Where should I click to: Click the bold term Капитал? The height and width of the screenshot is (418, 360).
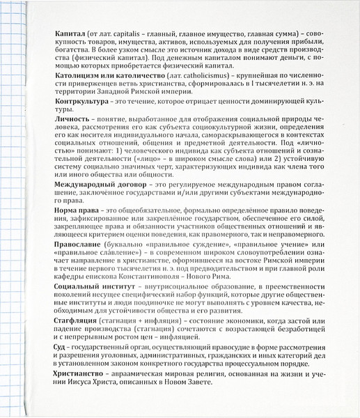(x=69, y=33)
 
